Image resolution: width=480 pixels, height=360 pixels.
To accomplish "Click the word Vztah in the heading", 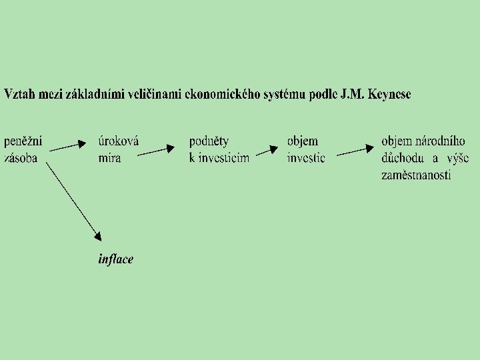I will coord(18,94).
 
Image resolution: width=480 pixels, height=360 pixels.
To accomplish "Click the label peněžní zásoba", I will coord(23,149).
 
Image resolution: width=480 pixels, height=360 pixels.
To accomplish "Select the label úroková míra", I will coord(118,149).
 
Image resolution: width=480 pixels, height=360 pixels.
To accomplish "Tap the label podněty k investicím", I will coord(219,149).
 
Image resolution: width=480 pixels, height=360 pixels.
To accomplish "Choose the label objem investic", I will coord(306,149).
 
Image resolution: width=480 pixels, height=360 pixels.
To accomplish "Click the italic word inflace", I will coord(115,259).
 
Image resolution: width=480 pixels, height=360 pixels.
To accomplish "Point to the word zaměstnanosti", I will coord(416,175).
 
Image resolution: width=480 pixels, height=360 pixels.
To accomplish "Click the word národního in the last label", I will coord(441,141).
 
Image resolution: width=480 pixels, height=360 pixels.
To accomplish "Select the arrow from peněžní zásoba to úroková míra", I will coord(68,145).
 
